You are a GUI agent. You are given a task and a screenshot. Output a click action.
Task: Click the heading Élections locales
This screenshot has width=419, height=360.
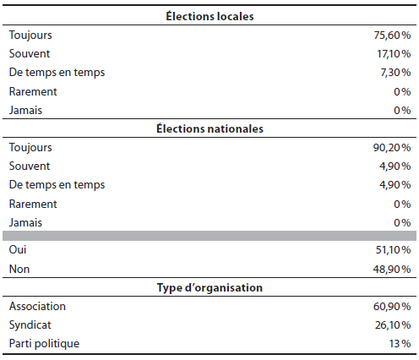[x=209, y=16]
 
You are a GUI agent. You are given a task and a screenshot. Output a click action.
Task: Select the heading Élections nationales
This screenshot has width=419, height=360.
[x=209, y=128]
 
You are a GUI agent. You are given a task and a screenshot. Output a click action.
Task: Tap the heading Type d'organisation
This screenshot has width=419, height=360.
[x=209, y=287]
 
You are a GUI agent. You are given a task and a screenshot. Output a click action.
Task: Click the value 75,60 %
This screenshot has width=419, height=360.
[x=392, y=35]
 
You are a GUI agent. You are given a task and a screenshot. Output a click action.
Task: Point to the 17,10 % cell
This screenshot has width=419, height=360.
[x=394, y=54]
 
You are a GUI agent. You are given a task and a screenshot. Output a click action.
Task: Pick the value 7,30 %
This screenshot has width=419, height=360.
[x=395, y=73]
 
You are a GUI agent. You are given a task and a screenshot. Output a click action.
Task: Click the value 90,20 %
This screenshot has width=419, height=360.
[x=392, y=148]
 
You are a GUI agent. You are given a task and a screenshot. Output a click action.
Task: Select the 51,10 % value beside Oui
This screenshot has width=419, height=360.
[x=394, y=250]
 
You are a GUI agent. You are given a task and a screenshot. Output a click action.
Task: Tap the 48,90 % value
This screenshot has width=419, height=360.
[x=392, y=270]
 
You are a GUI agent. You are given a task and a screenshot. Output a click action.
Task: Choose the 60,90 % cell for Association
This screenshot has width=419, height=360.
[x=392, y=307]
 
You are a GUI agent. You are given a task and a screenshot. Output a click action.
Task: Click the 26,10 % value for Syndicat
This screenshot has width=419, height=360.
[x=393, y=325]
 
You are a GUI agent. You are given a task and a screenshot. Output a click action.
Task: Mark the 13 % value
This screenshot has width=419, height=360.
[x=400, y=344]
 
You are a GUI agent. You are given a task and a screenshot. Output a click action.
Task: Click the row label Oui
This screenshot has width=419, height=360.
[x=18, y=249]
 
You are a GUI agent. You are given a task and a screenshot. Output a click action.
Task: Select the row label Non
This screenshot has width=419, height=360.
[x=19, y=269]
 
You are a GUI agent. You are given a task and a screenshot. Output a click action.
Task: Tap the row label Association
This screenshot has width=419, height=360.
[x=37, y=306]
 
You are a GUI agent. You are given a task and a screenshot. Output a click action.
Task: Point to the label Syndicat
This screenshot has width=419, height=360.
[x=30, y=325]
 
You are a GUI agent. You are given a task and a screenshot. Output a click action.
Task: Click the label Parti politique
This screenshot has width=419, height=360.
[x=44, y=344]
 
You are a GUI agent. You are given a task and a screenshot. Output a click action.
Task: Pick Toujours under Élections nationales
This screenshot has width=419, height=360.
[x=30, y=148]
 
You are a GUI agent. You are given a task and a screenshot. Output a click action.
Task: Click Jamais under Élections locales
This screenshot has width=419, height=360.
[x=25, y=110]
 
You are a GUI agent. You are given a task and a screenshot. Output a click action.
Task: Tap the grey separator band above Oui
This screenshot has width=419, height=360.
[x=209, y=236]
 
